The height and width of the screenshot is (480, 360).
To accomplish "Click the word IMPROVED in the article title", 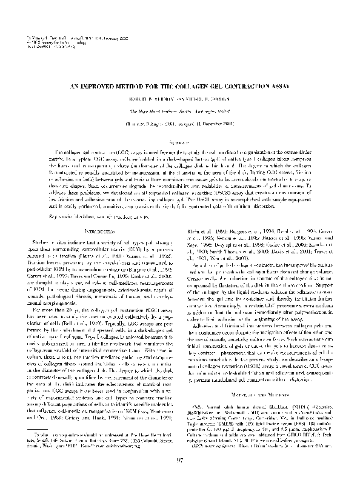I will (x=105, y=87).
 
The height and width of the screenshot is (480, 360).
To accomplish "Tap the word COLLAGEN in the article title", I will (x=196, y=87).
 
